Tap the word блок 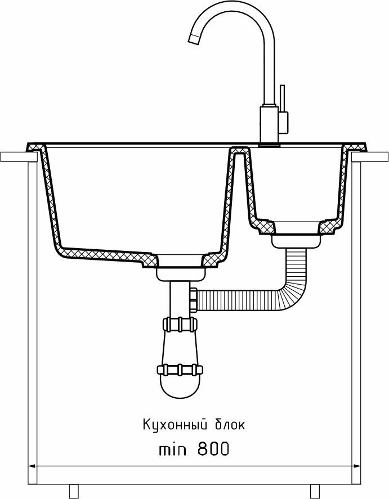(x=230, y=424)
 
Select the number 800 (x=213, y=449)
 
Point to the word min (x=175, y=449)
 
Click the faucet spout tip (x=195, y=39)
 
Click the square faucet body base (x=269, y=125)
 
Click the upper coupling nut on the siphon (x=180, y=325)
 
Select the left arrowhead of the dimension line (x=33, y=466)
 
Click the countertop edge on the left (x=14, y=156)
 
